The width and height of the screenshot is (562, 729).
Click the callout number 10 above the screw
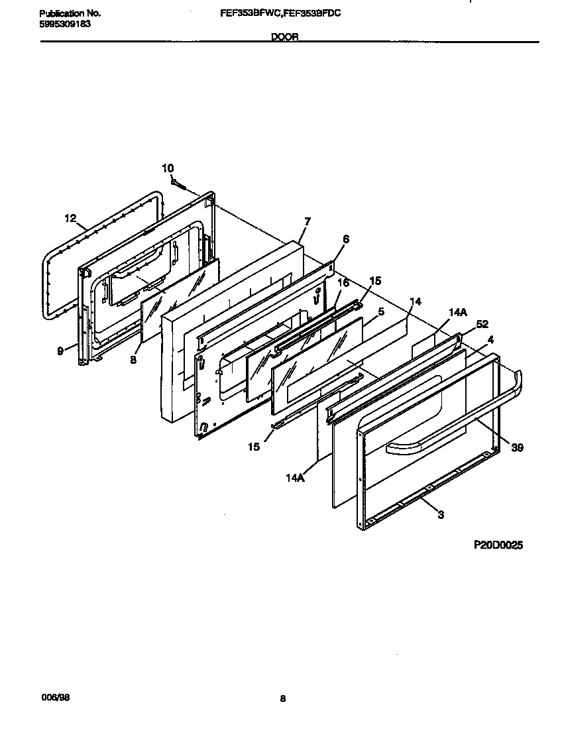168,168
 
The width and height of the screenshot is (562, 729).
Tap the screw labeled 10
177,182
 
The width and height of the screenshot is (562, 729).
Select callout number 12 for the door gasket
71,217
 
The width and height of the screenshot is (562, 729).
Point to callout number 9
60,351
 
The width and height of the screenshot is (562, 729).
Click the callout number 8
133,361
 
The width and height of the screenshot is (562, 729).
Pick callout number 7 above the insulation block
307,221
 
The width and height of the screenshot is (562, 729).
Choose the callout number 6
345,239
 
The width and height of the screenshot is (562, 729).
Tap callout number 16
343,283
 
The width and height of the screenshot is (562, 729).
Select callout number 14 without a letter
415,302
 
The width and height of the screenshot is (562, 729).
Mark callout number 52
482,325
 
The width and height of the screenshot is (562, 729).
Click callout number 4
490,339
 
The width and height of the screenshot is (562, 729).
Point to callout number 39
517,448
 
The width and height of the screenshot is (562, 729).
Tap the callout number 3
441,515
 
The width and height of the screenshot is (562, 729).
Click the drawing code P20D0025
498,545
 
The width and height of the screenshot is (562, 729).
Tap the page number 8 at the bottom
282,698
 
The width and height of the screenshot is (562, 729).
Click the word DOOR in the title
284,38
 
